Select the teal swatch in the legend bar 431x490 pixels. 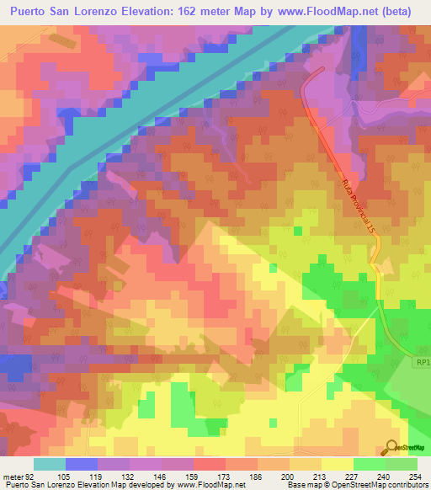click(50, 464)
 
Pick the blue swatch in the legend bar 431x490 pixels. click(82, 464)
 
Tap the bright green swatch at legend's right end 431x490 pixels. click(402, 464)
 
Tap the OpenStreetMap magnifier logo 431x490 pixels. click(392, 447)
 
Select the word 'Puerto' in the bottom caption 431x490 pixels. click(18, 485)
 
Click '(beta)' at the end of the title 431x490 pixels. click(401, 12)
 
